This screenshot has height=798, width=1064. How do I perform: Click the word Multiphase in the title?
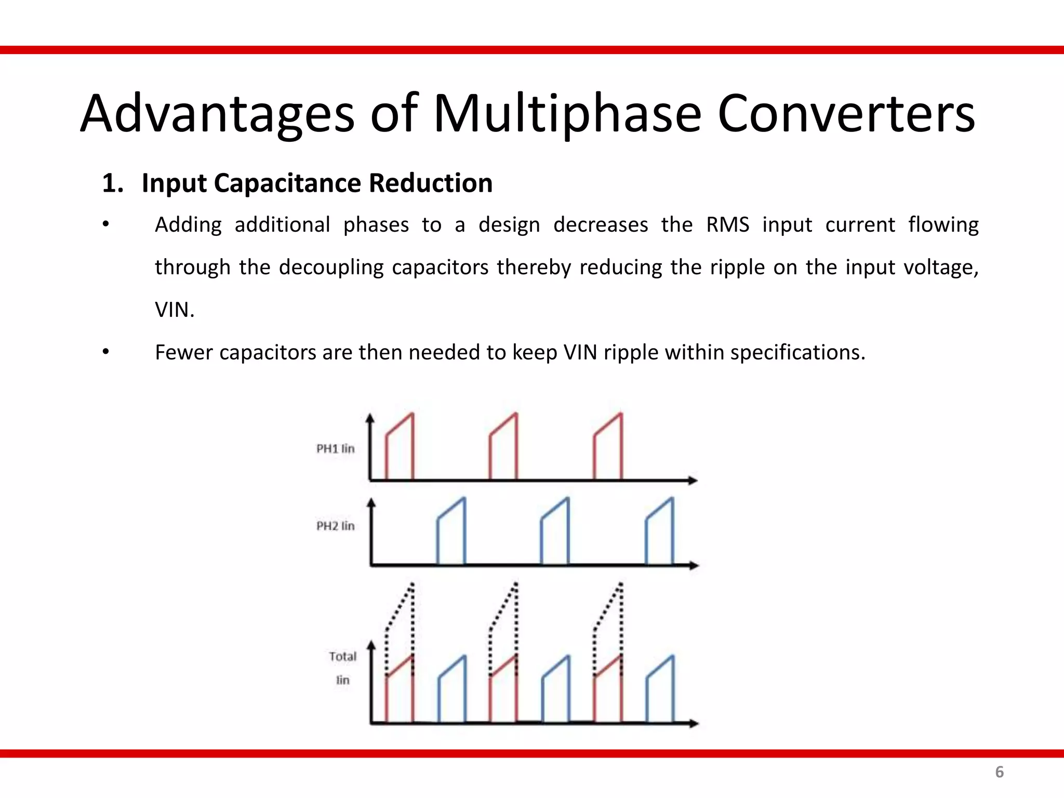[567, 114]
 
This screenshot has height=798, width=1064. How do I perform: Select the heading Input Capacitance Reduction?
[317, 183]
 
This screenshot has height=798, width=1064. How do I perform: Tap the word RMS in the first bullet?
[727, 225]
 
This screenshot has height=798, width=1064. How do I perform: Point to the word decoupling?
[331, 268]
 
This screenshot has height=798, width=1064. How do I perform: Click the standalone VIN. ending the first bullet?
[175, 310]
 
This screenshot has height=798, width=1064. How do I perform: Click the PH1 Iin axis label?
[336, 448]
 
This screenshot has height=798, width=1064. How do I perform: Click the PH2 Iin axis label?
[336, 526]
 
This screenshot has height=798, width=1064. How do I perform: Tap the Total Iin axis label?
[342, 668]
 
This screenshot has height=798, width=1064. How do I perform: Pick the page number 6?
[999, 772]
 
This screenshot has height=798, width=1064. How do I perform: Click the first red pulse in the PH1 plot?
[400, 447]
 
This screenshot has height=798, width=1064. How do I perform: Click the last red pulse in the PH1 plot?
[608, 447]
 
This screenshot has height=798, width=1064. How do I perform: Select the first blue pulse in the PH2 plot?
[451, 533]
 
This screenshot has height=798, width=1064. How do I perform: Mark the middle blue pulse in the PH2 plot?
[555, 533]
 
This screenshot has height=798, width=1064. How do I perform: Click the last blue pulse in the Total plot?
[660, 691]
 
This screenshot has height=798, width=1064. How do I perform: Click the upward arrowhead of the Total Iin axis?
[371, 646]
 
